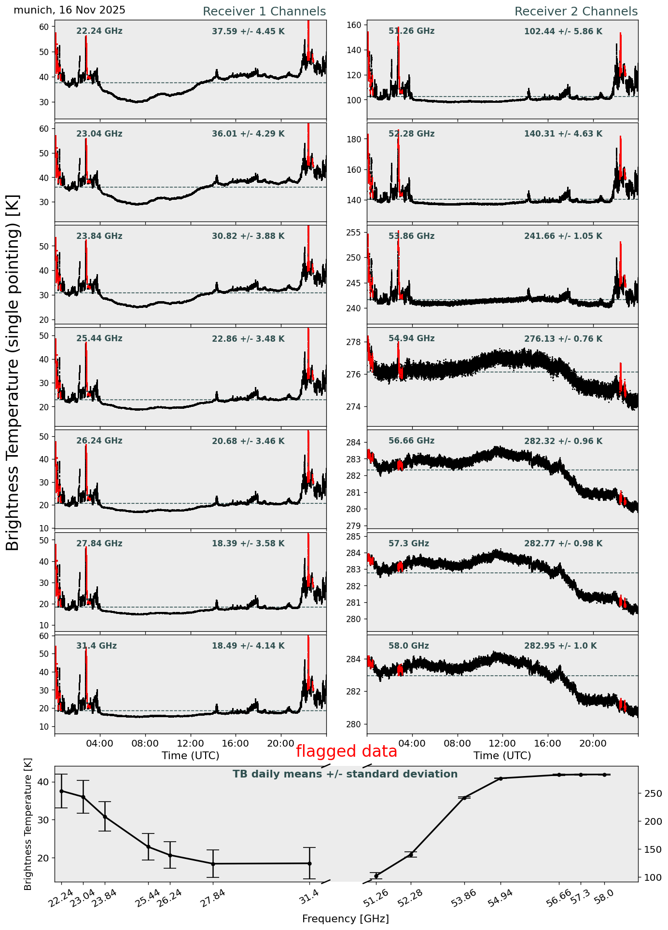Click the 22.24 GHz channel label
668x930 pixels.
click(x=99, y=31)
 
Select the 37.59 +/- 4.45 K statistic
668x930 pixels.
click(x=248, y=31)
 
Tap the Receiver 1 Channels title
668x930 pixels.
click(x=264, y=12)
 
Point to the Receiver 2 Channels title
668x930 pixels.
click(x=576, y=12)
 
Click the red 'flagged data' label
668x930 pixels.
click(x=346, y=751)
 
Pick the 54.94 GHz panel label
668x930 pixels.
click(x=411, y=339)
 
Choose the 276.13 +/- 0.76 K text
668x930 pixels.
click(x=563, y=339)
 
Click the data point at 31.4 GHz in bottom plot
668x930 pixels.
click(x=309, y=863)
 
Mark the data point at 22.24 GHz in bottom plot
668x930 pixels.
click(x=61, y=791)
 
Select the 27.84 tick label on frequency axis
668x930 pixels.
click(x=211, y=900)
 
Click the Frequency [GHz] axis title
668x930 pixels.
click(x=345, y=919)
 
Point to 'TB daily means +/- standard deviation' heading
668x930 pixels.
click(x=345, y=774)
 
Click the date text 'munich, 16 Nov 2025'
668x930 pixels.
click(x=70, y=10)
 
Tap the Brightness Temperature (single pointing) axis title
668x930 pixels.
click(x=13, y=372)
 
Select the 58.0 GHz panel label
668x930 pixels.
click(x=408, y=646)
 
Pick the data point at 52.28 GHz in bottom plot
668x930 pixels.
click(x=411, y=855)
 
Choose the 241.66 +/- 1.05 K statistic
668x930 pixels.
click(x=563, y=236)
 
